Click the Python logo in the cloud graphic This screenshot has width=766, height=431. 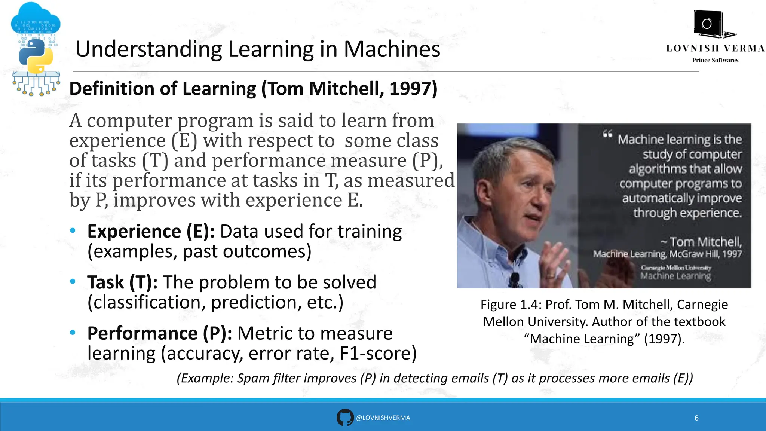[x=36, y=56]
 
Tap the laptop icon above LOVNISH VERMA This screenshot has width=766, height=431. [x=712, y=25]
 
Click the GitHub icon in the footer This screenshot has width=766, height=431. [x=344, y=418]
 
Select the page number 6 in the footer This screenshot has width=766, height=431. [x=696, y=418]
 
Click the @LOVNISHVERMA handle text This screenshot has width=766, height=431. [x=383, y=418]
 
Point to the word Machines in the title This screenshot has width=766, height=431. [x=392, y=49]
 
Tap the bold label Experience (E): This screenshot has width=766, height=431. [x=151, y=232]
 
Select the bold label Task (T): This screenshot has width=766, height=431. [x=122, y=282]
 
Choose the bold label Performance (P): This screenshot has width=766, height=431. [x=160, y=333]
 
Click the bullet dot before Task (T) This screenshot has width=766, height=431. [x=73, y=281]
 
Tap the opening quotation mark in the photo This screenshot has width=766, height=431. [x=607, y=134]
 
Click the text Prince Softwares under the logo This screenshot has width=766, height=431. [x=715, y=60]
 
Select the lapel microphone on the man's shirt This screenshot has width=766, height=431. [x=515, y=279]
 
